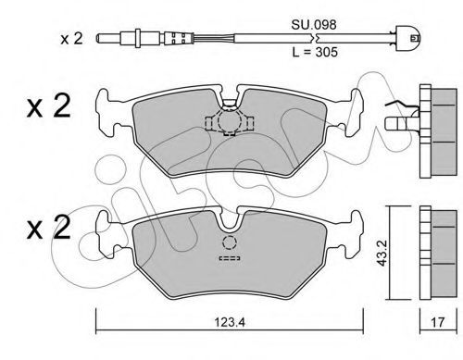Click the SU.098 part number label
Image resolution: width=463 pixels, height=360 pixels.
[x=314, y=25]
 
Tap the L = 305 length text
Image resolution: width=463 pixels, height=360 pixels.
[x=315, y=52]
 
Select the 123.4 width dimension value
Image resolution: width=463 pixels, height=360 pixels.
[x=230, y=322]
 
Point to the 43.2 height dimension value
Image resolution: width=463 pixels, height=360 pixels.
[x=382, y=254]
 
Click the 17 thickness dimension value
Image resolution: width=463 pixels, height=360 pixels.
[x=438, y=322]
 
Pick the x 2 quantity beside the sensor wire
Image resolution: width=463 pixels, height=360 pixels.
[x=71, y=39]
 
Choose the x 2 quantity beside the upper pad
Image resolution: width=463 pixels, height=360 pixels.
[x=49, y=106]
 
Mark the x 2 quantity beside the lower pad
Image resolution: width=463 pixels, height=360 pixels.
[x=49, y=228]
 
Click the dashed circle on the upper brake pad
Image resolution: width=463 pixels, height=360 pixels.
[x=229, y=121]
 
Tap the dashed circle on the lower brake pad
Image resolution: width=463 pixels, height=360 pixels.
[x=229, y=242]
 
